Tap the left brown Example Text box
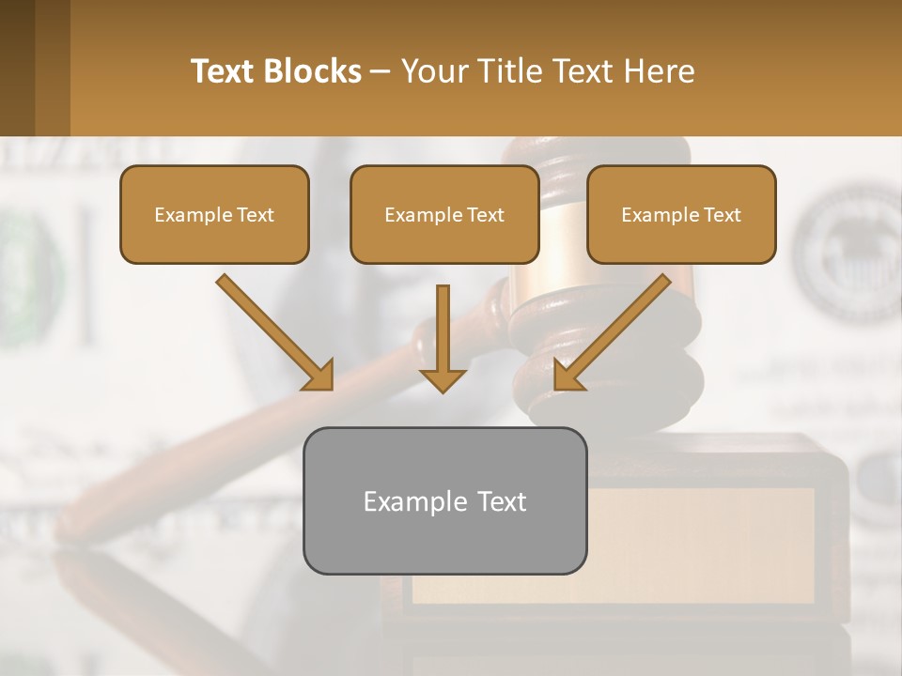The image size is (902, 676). tap(214, 214)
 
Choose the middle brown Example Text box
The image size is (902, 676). tap(444, 214)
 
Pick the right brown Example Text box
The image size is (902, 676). tap(681, 214)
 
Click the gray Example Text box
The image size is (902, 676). tap(444, 500)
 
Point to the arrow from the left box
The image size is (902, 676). tap(272, 330)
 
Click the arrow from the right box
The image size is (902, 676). tap(614, 330)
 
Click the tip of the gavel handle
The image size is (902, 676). tap(70, 526)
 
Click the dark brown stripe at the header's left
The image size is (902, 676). tap(17, 68)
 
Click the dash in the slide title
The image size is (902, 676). tap(381, 72)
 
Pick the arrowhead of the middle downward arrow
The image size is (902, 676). tap(443, 379)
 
